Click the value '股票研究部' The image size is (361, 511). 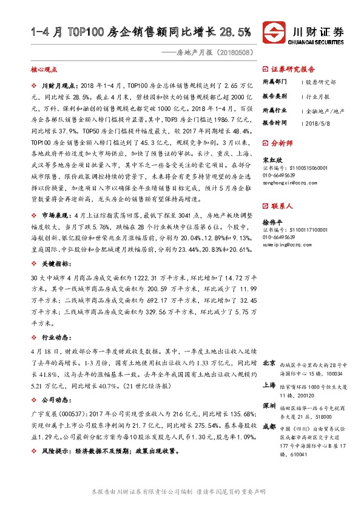pyautogui.click(x=320, y=81)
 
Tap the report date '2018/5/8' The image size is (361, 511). pyautogui.click(x=316, y=123)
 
